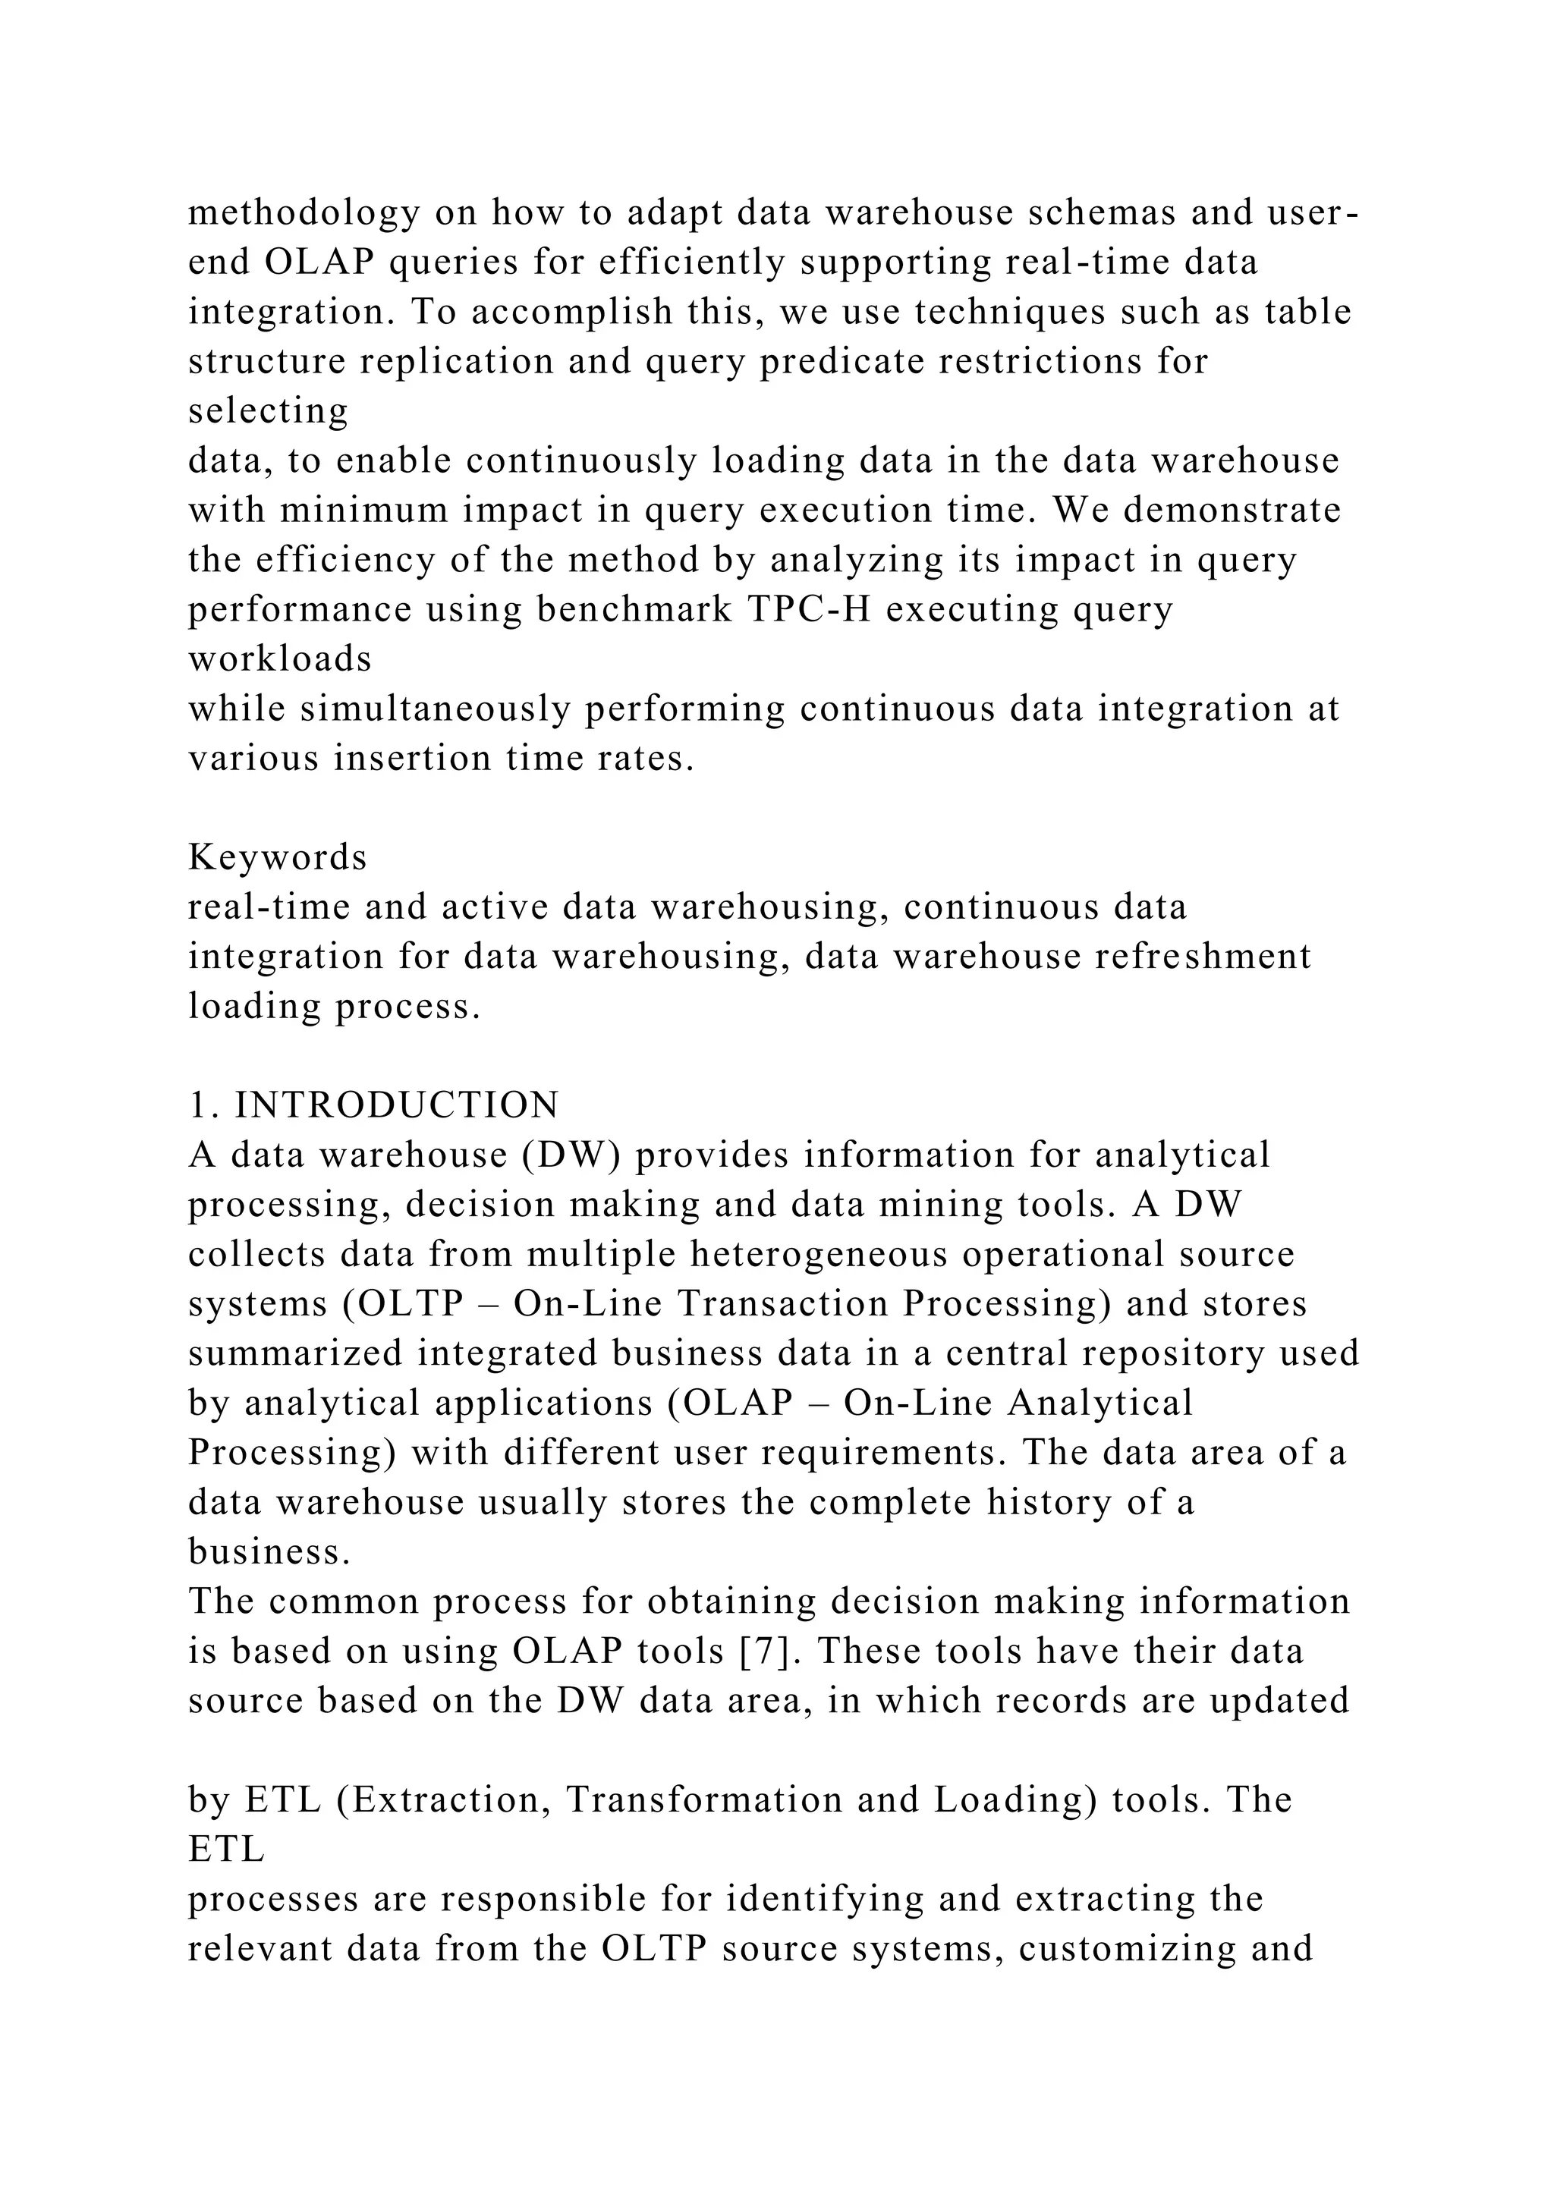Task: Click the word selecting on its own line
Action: coord(269,411)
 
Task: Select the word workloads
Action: coord(279,659)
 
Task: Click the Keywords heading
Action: coord(278,857)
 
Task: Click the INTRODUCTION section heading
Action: coord(396,1105)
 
